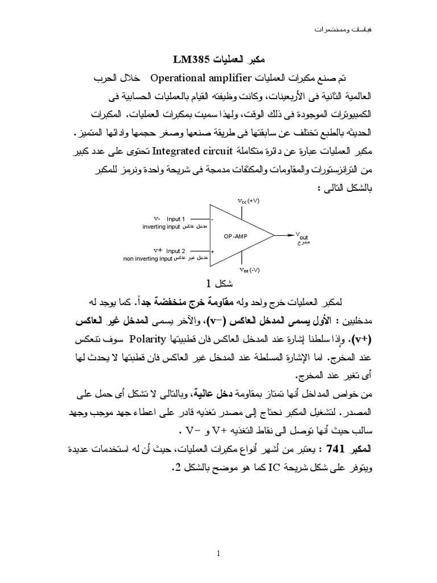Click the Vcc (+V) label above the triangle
point(248,200)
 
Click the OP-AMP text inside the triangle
point(235,235)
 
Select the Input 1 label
point(176,219)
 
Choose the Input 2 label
point(176,251)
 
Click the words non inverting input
point(147,258)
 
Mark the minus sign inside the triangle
point(212,220)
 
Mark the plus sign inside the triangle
point(212,251)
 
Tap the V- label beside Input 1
point(157,219)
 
